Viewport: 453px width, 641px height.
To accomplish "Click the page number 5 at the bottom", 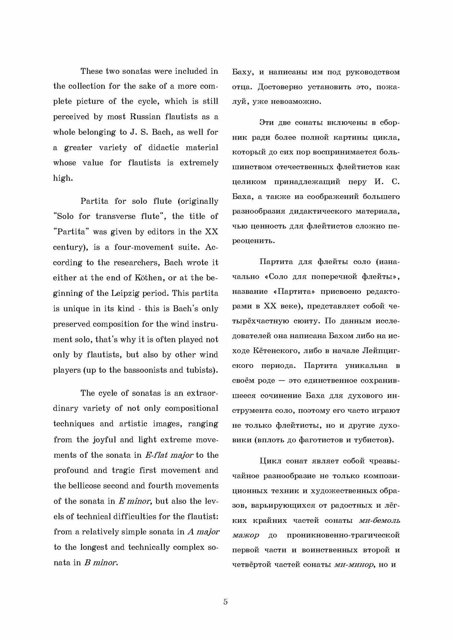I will point(225,602).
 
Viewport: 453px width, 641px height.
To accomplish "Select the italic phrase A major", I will point(203,532).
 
